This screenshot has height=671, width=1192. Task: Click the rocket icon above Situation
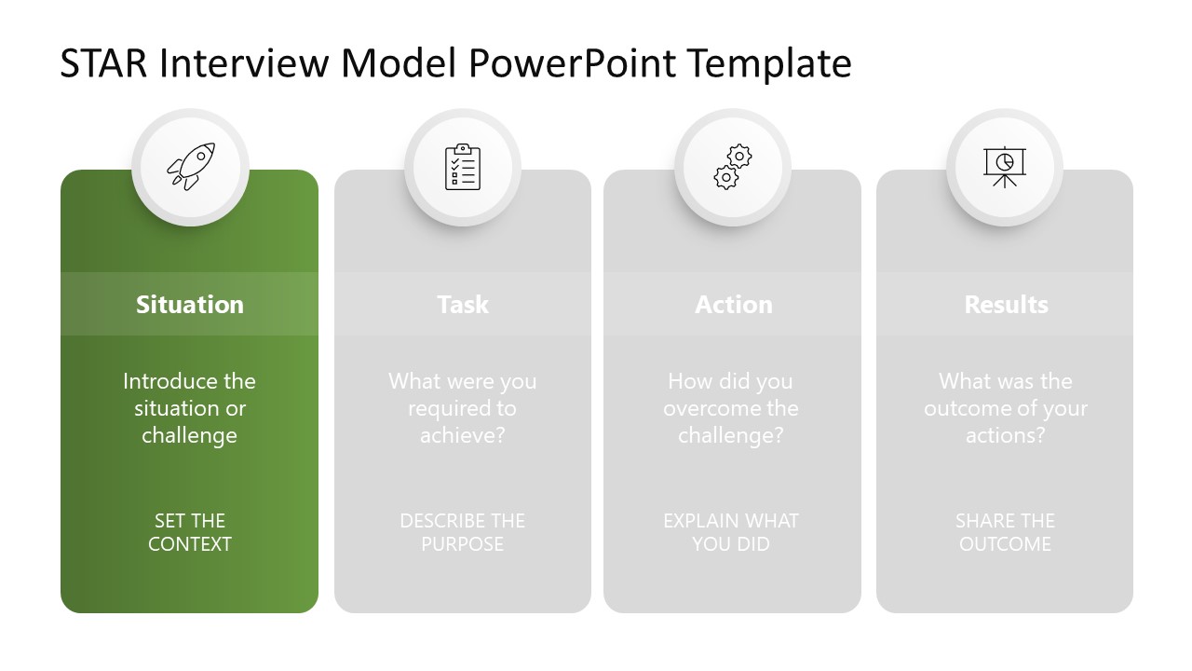(190, 168)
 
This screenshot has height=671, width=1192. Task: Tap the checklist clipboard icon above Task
(463, 168)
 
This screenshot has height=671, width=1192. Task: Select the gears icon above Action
(733, 168)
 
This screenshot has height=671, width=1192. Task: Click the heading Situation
(190, 305)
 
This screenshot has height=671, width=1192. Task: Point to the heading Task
(463, 305)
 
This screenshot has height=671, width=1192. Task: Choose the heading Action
(734, 305)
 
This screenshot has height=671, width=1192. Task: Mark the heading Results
(1006, 305)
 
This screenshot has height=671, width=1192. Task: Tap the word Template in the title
(769, 64)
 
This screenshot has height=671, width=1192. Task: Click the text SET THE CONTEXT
(190, 532)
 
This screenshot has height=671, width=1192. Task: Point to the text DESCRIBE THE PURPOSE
(463, 532)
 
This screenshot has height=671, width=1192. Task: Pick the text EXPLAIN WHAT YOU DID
(731, 532)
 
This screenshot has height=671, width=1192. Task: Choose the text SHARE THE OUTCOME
(1005, 532)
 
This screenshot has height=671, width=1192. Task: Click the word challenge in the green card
(189, 435)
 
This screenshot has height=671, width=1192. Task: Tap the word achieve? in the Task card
(462, 435)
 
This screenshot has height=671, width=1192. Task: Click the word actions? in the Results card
(1005, 435)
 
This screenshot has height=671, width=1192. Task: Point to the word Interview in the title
(245, 64)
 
